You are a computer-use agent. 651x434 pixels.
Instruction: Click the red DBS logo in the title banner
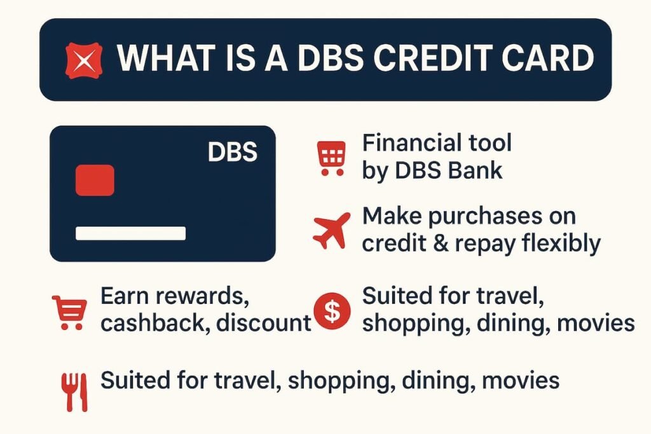coord(84,60)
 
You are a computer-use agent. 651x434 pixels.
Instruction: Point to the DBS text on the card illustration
coord(232,153)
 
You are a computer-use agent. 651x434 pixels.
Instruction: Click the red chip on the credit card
coord(95,180)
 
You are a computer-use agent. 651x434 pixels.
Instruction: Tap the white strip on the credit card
coord(130,233)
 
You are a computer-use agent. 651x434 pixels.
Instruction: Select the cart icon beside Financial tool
coord(332,158)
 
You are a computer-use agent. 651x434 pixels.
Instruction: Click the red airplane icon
coord(332,231)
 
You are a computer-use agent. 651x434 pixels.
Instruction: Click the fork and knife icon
coord(74,391)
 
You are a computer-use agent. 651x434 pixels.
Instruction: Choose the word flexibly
coord(558,244)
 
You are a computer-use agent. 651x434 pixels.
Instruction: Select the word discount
coord(264,323)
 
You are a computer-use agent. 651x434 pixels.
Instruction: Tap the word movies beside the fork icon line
coord(521,381)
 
